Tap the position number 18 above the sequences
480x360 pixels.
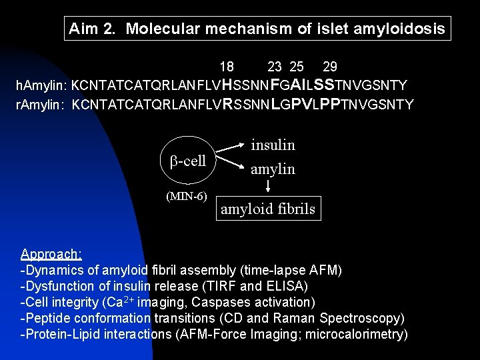click(227, 67)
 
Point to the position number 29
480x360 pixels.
click(329, 67)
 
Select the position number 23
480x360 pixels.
click(274, 67)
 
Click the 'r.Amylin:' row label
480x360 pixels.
click(41, 105)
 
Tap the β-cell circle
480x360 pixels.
click(188, 161)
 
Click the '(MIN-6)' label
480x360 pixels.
click(187, 196)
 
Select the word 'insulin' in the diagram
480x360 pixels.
click(273, 145)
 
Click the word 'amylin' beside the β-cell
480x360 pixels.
click(273, 169)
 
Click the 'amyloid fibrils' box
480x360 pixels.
click(269, 209)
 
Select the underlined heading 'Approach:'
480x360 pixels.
click(51, 254)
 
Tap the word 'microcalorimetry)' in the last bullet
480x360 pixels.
click(358, 335)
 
